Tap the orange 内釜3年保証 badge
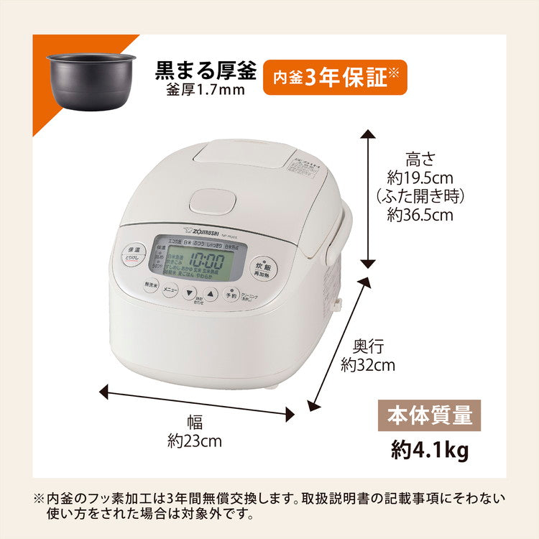click(x=335, y=77)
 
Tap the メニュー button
click(x=170, y=289)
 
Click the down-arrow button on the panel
click(x=190, y=293)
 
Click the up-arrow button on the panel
click(x=209, y=293)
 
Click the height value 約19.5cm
click(x=420, y=178)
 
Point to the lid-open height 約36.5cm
click(x=420, y=213)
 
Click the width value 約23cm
click(x=195, y=441)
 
